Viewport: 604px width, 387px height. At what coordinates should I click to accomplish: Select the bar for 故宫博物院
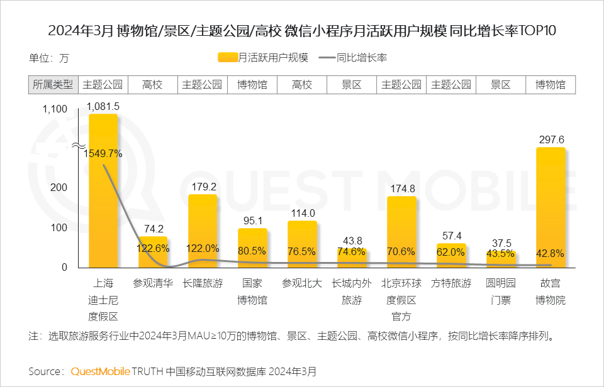click(551, 207)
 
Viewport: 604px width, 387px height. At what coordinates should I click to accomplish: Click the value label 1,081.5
click(103, 106)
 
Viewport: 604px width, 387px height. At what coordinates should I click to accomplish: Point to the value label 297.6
click(551, 139)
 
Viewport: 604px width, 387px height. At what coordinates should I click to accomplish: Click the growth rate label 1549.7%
click(103, 153)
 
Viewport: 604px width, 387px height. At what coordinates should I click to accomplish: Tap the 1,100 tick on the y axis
click(54, 109)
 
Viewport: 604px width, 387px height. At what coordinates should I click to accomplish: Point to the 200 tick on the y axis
click(59, 188)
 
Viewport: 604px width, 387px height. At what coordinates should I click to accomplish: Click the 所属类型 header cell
click(53, 85)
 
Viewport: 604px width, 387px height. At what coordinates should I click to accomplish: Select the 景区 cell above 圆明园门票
click(500, 85)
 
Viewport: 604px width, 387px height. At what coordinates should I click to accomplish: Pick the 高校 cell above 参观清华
click(152, 85)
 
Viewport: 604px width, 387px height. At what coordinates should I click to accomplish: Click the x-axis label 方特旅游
click(451, 283)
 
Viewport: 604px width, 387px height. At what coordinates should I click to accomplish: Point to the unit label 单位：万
click(48, 58)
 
